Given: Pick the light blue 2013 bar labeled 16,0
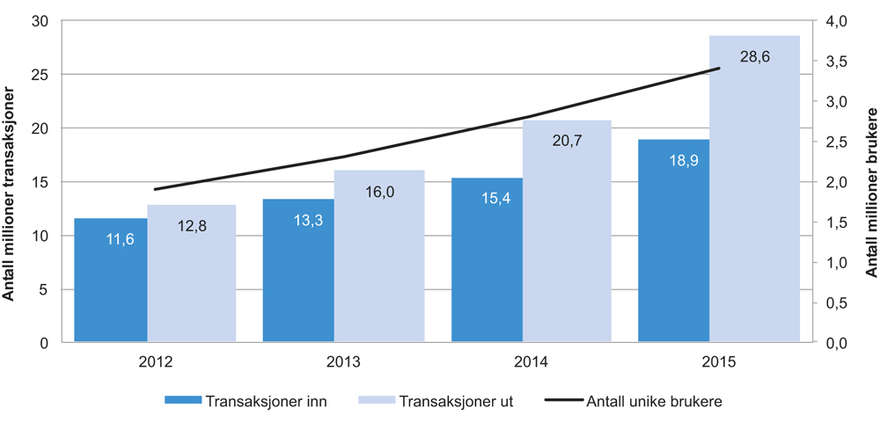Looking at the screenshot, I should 380,255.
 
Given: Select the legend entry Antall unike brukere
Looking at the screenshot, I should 654,401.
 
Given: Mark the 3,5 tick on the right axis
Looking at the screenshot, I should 834,62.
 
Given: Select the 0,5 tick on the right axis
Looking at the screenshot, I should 834,303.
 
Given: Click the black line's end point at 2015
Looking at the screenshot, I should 720,68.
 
